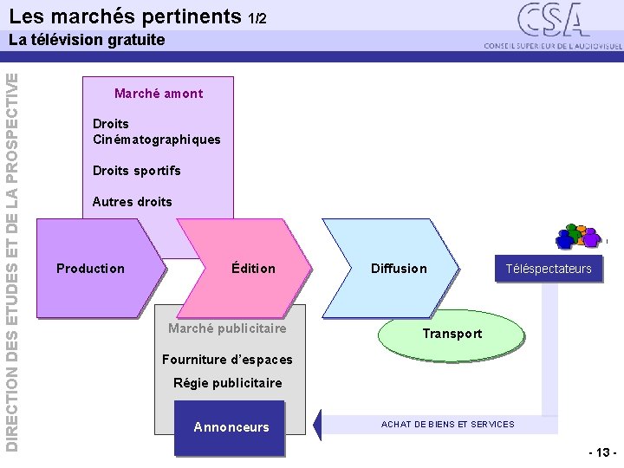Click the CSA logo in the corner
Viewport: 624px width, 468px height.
(x=551, y=23)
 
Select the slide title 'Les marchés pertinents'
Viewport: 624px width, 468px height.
(x=126, y=16)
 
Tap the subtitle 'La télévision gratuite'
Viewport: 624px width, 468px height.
(x=86, y=40)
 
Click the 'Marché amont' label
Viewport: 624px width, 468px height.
(x=159, y=94)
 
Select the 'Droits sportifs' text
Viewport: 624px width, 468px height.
(x=137, y=171)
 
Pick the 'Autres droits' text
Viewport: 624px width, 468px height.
(x=132, y=202)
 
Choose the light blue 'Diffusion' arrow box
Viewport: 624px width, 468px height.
(x=399, y=269)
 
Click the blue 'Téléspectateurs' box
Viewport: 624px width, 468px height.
(x=549, y=269)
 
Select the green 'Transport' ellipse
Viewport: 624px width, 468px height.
(x=452, y=334)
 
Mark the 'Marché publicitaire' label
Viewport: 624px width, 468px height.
(x=227, y=328)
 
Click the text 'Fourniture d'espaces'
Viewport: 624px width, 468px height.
(x=227, y=360)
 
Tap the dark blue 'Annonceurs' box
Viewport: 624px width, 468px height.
(x=231, y=427)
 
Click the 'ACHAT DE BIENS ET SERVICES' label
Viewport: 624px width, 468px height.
(x=448, y=424)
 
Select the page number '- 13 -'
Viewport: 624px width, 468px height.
(x=601, y=453)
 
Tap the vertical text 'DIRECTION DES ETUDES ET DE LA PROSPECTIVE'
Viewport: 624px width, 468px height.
(x=11, y=260)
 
